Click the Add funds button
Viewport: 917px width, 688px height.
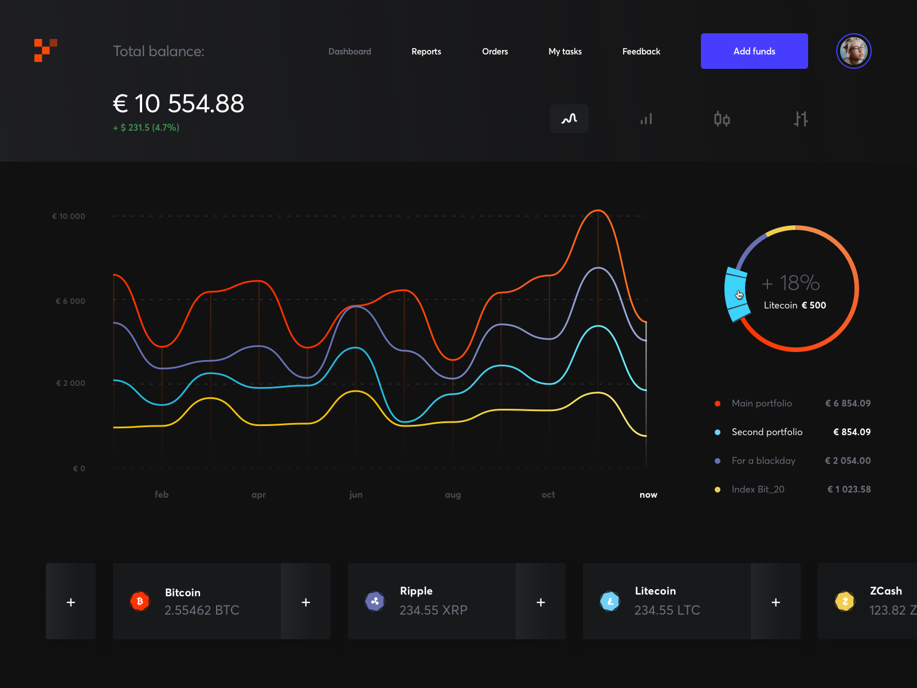pyautogui.click(x=754, y=51)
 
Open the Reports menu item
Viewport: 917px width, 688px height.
pyautogui.click(x=426, y=52)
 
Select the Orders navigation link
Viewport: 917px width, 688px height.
pyautogui.click(x=495, y=52)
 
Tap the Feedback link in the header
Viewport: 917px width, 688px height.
pyautogui.click(x=641, y=52)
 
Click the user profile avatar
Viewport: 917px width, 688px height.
pyautogui.click(x=853, y=51)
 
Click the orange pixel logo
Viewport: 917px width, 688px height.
pyautogui.click(x=45, y=50)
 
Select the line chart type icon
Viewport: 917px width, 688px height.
pyautogui.click(x=569, y=119)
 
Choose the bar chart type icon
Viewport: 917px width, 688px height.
pyautogui.click(x=646, y=119)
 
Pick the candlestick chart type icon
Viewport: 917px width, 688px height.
pyautogui.click(x=722, y=119)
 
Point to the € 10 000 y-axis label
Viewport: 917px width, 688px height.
pyautogui.click(x=69, y=216)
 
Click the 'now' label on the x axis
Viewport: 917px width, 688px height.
pyautogui.click(x=648, y=495)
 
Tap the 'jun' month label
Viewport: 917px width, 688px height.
pyautogui.click(x=355, y=495)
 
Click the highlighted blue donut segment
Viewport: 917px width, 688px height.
pyautogui.click(x=736, y=294)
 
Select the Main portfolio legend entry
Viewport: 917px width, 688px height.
pyautogui.click(x=762, y=404)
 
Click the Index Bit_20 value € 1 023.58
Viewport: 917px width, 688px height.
pyautogui.click(x=849, y=489)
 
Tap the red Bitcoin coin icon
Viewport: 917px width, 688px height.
pyautogui.click(x=140, y=601)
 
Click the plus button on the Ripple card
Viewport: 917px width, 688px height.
pyautogui.click(x=540, y=602)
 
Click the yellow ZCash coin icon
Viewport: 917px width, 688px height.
pyautogui.click(x=845, y=601)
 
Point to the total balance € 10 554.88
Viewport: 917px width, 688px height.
pyautogui.click(x=178, y=104)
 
